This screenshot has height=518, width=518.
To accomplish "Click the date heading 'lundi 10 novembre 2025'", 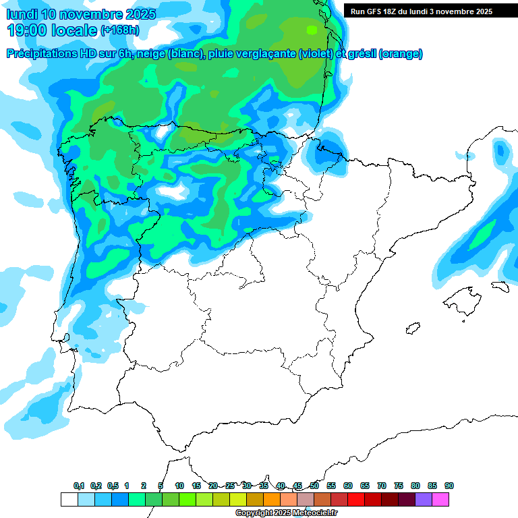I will (x=81, y=14).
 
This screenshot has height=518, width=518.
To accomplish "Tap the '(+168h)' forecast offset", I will (x=120, y=30).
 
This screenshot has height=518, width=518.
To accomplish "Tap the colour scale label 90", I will (x=449, y=486).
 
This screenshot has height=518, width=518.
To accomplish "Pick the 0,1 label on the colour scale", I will (x=79, y=486).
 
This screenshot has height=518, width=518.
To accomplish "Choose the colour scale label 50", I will (x=314, y=486).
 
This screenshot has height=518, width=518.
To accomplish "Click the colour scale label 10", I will (x=179, y=486).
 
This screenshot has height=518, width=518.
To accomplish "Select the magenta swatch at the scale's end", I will (x=440, y=499).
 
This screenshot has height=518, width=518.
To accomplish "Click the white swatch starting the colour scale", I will (x=69, y=499).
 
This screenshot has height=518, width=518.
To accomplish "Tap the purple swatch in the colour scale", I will (x=424, y=499).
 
